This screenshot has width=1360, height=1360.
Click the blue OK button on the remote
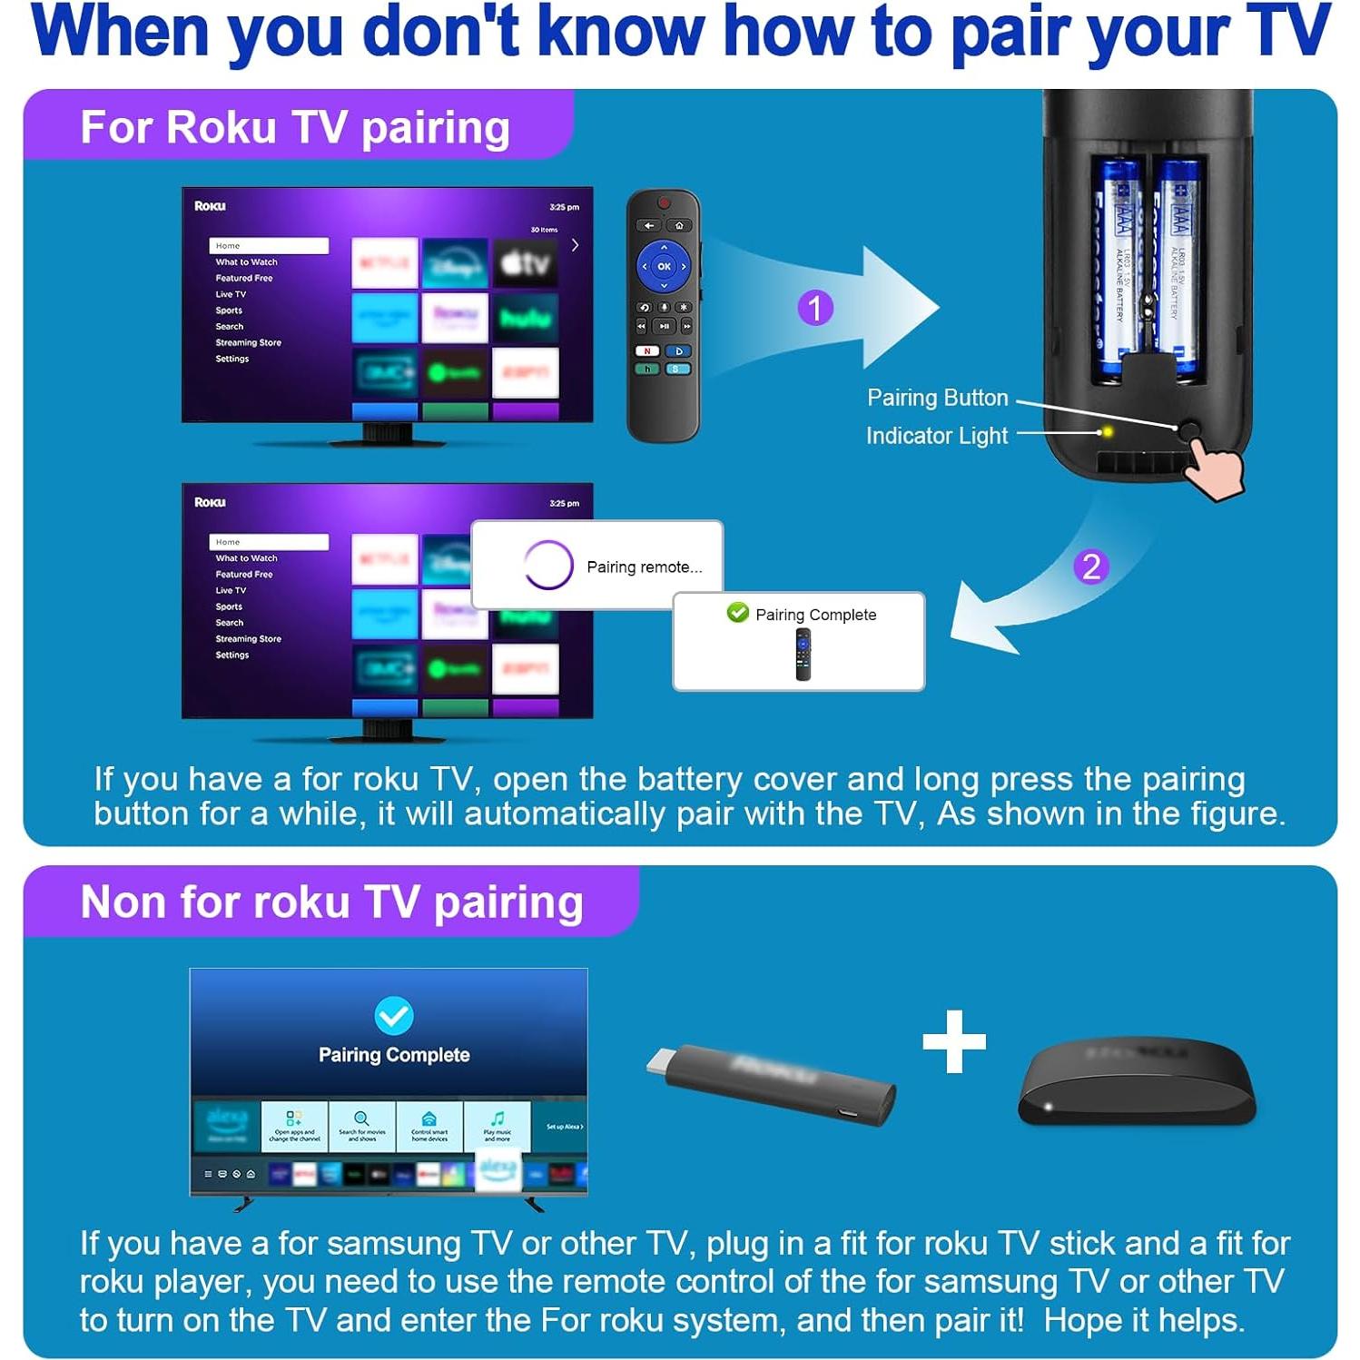coord(664,266)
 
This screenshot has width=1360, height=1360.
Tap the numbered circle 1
coord(815,308)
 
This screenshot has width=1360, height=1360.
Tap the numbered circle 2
coord(1090,567)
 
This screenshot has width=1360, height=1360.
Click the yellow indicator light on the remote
coord(1107,432)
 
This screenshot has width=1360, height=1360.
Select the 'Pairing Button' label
coord(937,398)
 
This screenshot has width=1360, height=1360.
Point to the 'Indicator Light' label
coord(936,436)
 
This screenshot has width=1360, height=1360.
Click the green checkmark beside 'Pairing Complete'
coord(738,613)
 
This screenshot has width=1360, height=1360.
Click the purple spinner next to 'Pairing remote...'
coord(548,565)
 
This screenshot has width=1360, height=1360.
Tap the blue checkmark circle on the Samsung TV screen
coord(394,1015)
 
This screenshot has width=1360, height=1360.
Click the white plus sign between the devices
coord(953,1041)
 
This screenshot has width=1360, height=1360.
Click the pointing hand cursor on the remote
coord(1217,468)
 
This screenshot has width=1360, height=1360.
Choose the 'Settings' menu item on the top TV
coord(232,359)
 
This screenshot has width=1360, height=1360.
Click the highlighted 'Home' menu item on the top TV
coord(269,246)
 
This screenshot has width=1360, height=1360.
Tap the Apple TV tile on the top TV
coord(526,263)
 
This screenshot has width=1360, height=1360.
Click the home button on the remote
coord(679,225)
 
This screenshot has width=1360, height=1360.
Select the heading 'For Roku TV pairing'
coord(295,127)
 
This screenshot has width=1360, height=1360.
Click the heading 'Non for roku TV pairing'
coord(331,902)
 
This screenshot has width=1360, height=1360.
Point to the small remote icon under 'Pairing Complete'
coord(803,655)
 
